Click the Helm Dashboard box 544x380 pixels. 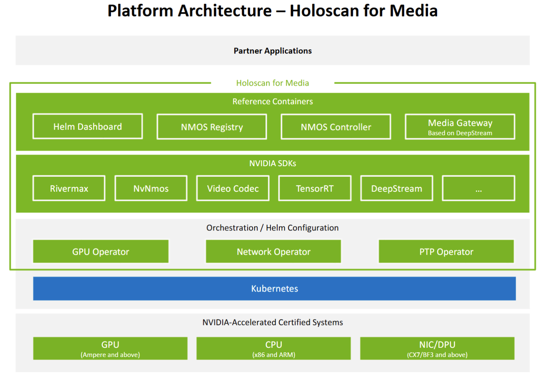click(x=88, y=127)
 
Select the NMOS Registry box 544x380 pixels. click(x=212, y=127)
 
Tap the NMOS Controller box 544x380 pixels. click(x=336, y=127)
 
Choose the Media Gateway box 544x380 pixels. click(x=460, y=127)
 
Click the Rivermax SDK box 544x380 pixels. click(x=69, y=188)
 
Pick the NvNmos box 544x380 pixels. click(x=151, y=188)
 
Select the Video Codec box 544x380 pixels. click(x=233, y=188)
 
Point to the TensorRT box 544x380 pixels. click(x=314, y=188)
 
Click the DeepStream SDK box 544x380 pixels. click(x=396, y=188)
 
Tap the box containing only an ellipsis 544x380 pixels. click(x=478, y=188)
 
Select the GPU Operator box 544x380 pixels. click(x=101, y=251)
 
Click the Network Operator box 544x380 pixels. click(x=273, y=251)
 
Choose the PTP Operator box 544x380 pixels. click(x=446, y=251)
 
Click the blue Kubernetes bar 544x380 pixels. click(x=274, y=289)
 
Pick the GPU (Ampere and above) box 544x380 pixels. click(x=110, y=349)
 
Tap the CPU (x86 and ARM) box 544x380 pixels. click(x=273, y=349)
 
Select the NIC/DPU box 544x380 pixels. click(x=437, y=349)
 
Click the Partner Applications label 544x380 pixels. click(x=272, y=51)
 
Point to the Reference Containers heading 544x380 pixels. click(x=272, y=101)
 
